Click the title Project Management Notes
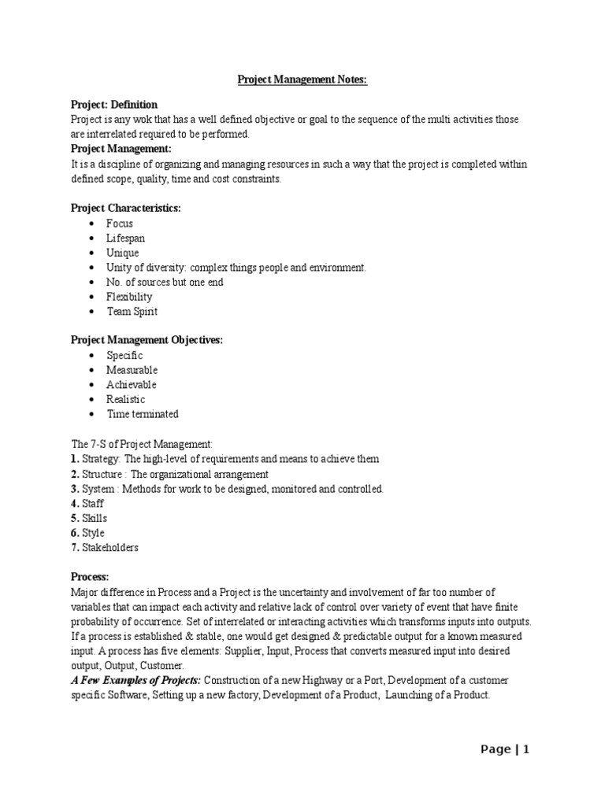click(x=302, y=79)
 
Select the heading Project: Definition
click(x=114, y=105)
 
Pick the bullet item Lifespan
click(x=126, y=238)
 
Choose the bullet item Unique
click(x=123, y=253)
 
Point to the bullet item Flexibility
click(x=130, y=297)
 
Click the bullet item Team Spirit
click(x=132, y=312)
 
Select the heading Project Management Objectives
click(x=147, y=340)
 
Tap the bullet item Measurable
click(x=132, y=370)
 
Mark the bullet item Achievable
click(x=132, y=385)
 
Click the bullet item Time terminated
click(x=143, y=414)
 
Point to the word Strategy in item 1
click(x=101, y=459)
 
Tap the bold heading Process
click(x=90, y=577)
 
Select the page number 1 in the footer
click(x=525, y=750)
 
